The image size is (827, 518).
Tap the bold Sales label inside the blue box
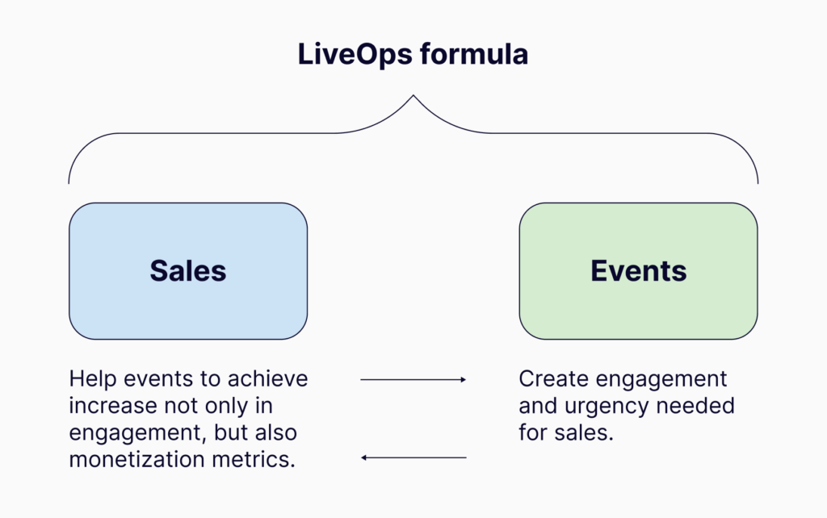pos(187,271)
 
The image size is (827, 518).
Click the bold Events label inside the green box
pos(638,271)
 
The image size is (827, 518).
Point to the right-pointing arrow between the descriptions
pos(413,379)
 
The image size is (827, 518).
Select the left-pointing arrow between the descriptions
pos(413,457)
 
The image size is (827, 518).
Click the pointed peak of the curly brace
pos(413,97)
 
